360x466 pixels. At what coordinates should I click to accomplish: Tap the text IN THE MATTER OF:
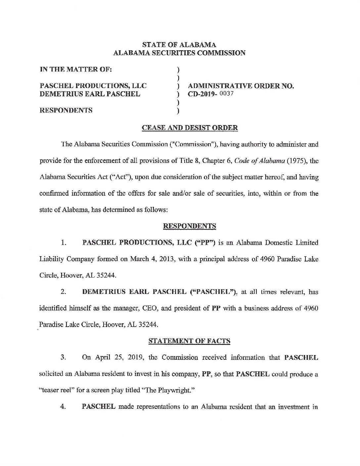76,70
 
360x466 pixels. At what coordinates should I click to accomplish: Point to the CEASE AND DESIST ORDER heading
190,128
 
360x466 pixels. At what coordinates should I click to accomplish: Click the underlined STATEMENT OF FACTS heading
189,341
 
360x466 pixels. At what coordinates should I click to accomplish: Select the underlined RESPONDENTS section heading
190,226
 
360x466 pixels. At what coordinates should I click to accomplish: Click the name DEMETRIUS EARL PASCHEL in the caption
90,94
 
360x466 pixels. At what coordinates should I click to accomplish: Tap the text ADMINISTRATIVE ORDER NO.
241,86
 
